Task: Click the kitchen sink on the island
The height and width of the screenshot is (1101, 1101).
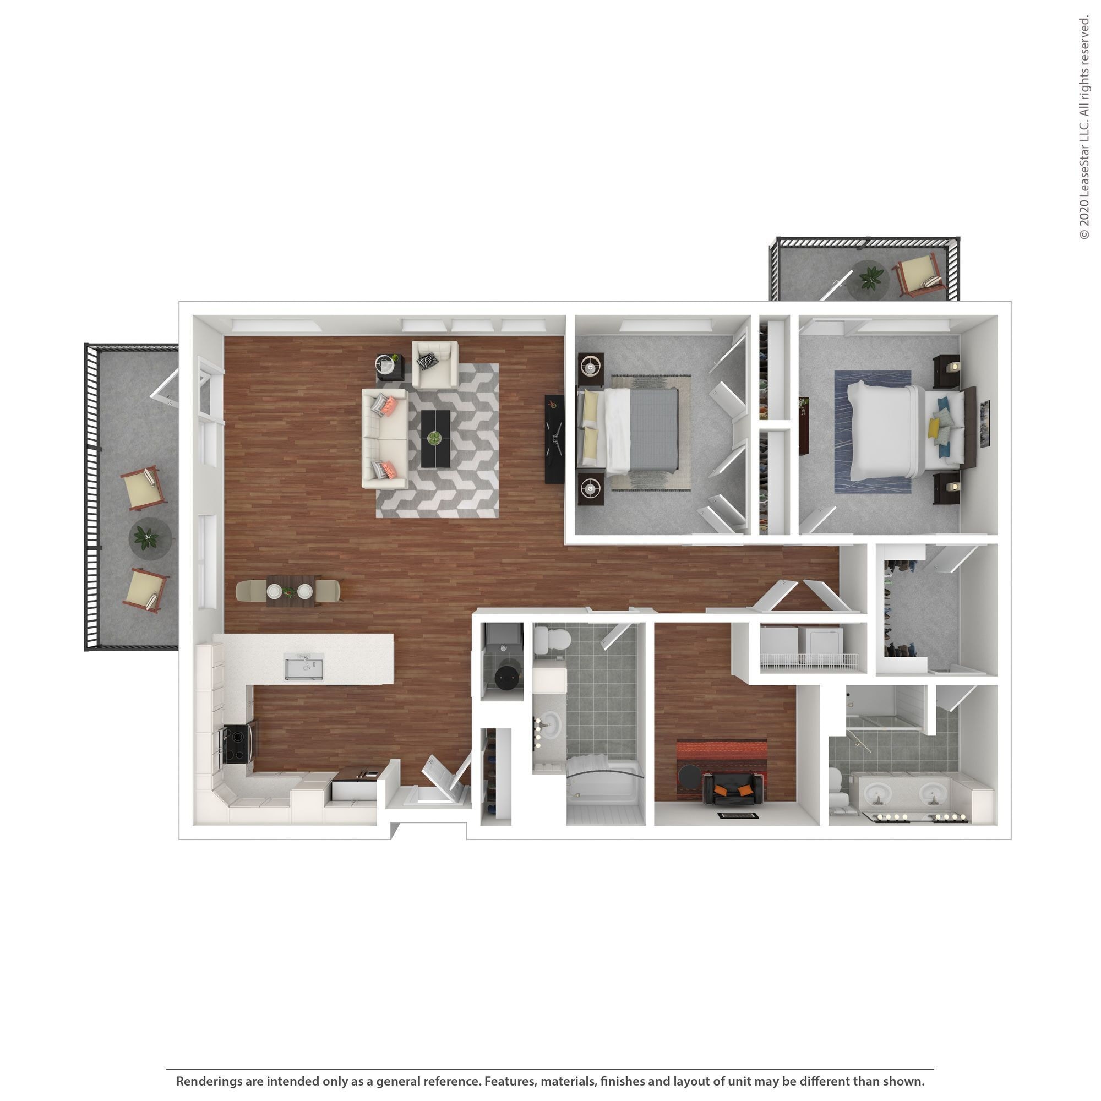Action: click(304, 667)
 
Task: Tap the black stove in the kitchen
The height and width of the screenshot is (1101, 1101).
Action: click(238, 744)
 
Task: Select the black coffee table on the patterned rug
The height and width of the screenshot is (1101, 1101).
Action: click(435, 439)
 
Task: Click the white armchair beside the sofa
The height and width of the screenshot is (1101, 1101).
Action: click(434, 364)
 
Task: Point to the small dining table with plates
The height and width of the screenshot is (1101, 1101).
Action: click(290, 591)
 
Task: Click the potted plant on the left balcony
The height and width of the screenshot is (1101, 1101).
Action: click(148, 537)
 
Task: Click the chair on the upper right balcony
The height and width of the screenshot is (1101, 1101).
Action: click(919, 276)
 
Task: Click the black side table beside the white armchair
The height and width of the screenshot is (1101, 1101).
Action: click(390, 367)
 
